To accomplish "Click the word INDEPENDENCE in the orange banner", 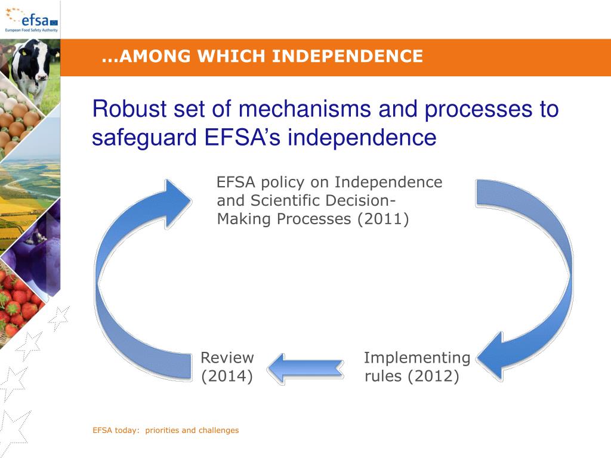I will point(348,57).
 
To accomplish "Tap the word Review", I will point(227,358).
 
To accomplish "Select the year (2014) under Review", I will point(227,377).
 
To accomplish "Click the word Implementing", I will point(417,358).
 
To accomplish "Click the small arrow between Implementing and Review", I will point(305,368).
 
